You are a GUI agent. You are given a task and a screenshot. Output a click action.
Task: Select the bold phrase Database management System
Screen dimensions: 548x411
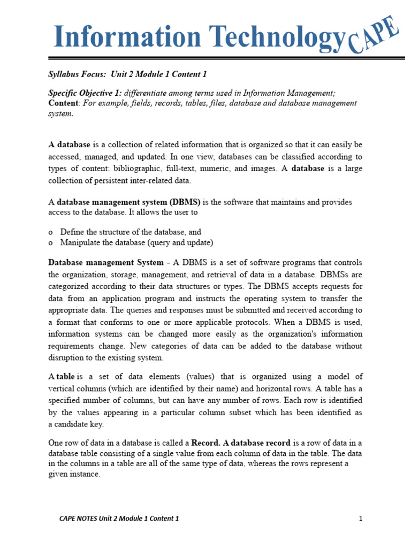pos(106,263)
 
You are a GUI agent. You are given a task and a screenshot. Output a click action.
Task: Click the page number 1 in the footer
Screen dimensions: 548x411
pos(361,519)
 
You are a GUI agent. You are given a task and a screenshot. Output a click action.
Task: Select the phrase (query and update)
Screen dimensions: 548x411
pos(184,243)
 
